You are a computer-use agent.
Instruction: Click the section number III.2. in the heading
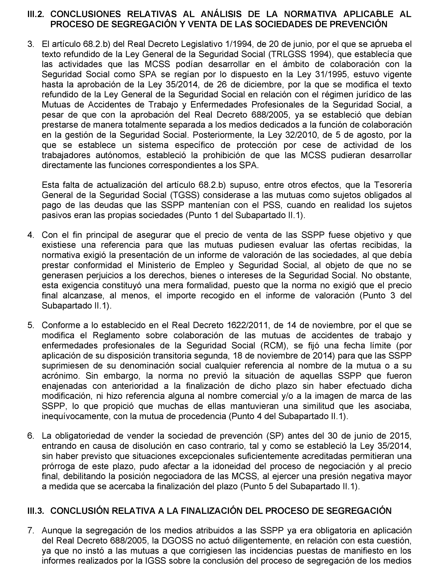point(36,14)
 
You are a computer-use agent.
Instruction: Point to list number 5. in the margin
point(31,325)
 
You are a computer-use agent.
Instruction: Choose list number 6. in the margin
point(31,436)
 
